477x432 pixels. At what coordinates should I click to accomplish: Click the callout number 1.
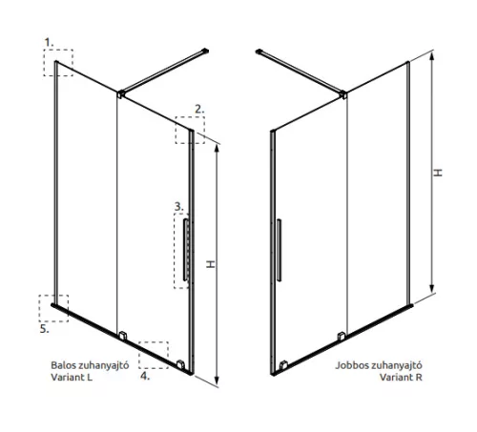point(49,42)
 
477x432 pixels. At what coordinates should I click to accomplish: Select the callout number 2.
point(199,109)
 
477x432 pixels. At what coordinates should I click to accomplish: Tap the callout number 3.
point(178,207)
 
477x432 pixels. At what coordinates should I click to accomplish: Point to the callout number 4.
point(145,376)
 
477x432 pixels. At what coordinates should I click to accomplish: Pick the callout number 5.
point(45,329)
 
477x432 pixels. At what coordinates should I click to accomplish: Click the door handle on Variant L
point(185,250)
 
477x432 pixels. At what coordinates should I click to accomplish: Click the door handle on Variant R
point(279,250)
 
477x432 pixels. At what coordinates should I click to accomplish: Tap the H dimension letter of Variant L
point(211,264)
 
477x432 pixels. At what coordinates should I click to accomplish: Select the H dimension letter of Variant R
point(438,173)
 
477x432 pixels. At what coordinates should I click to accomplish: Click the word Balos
point(63,365)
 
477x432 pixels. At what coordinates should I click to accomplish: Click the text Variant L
point(72,377)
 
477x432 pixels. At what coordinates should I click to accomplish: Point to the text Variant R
point(401,377)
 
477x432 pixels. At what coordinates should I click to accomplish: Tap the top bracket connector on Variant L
point(121,94)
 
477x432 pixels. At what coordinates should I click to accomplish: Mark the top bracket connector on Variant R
point(343,94)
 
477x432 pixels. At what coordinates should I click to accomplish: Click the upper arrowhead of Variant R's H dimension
point(431,56)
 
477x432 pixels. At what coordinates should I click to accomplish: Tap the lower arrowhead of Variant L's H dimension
point(217,381)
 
